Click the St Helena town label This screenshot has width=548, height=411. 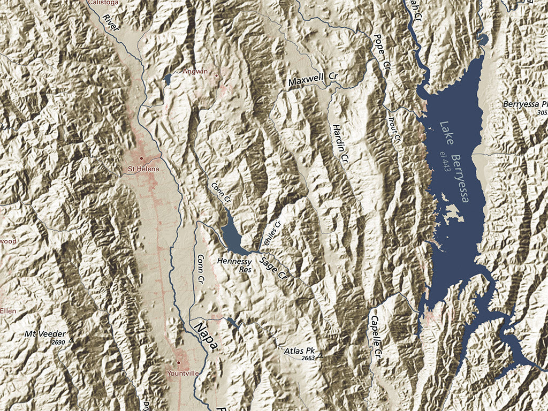tap(143, 169)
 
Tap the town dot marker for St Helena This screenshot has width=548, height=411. tap(141, 158)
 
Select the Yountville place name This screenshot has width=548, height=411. tap(182, 373)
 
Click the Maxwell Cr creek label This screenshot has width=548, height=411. tap(314, 79)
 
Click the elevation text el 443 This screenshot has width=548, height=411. tap(444, 161)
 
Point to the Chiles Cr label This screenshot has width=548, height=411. tap(272, 233)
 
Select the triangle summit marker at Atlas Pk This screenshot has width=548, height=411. tap(321, 355)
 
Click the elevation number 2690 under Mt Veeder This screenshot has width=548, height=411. tap(58, 341)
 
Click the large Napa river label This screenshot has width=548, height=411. tap(206, 337)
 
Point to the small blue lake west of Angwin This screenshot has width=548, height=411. tap(168, 79)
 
